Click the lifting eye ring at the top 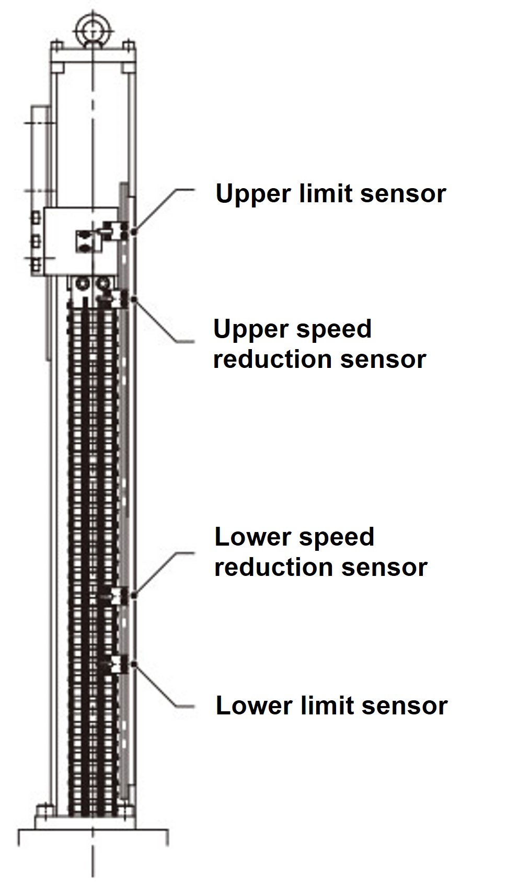click(x=93, y=25)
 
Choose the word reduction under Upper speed click(x=273, y=360)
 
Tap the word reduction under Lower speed click(x=274, y=567)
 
